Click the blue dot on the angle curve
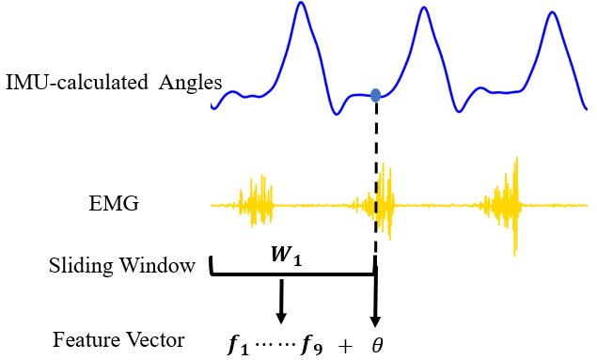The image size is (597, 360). pos(376,94)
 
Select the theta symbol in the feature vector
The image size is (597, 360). pos(377,345)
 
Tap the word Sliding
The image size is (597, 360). pos(80,266)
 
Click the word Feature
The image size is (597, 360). pos(83,339)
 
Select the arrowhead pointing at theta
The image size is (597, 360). pos(376,321)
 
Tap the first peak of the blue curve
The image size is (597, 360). pos(301,6)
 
